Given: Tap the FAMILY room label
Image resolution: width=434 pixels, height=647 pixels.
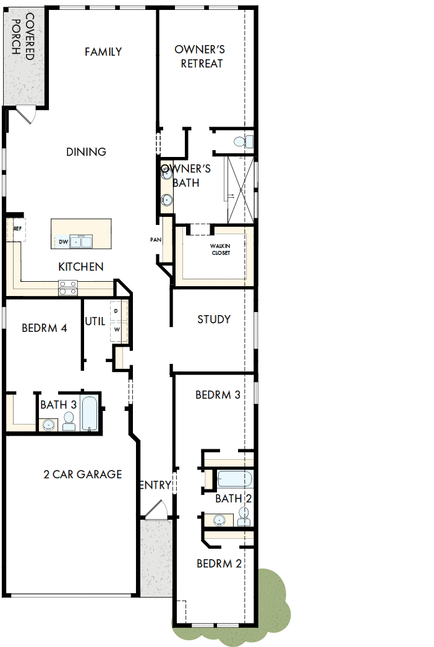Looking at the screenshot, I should point(103,52).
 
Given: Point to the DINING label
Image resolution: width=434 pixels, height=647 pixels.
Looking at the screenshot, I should point(87,152).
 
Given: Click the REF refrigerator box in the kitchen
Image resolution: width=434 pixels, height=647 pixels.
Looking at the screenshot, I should point(17,229).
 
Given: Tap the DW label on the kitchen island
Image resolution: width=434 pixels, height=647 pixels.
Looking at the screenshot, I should point(62,242).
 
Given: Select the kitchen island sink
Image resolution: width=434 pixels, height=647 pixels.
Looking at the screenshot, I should point(81,240).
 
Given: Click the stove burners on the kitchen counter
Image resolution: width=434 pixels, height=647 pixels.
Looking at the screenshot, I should point(68,287).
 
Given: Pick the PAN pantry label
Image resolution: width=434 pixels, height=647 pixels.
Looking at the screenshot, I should point(155,240).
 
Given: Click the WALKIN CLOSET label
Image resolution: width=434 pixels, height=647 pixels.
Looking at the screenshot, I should point(220,249).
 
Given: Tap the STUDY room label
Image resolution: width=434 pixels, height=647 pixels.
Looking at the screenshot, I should point(214,319).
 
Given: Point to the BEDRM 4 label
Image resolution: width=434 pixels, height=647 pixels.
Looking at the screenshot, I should point(44,328).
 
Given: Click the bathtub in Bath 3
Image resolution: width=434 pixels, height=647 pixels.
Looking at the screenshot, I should point(89,413).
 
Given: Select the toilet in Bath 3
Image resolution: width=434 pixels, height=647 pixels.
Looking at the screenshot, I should point(69,421).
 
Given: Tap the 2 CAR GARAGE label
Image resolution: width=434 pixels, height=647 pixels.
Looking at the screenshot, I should point(82,475).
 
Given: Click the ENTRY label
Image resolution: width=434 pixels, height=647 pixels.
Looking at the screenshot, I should point(155,486).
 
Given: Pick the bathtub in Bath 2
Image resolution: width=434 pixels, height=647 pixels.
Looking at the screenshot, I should point(234,480).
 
